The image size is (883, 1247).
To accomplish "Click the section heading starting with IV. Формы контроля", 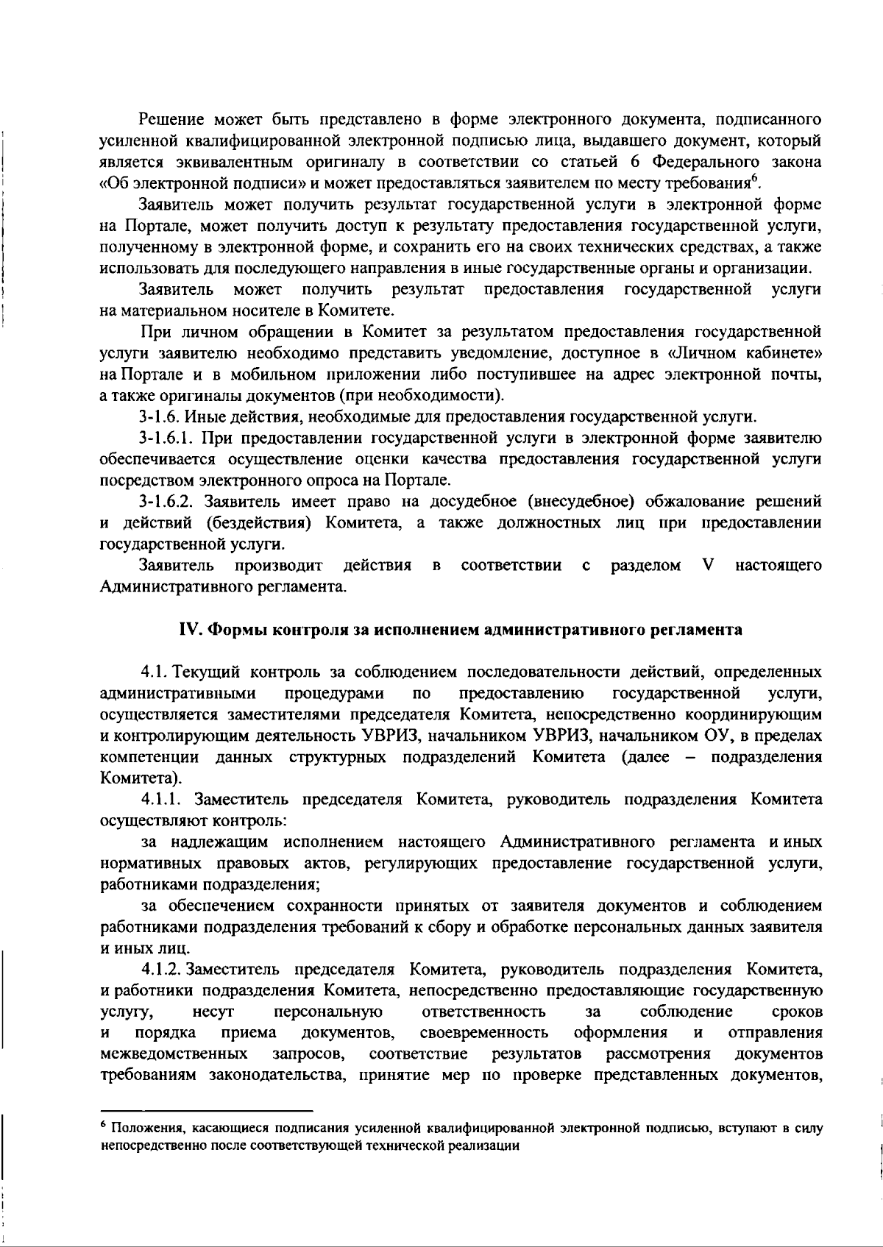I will [x=461, y=630].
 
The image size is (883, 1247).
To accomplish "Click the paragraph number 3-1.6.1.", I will [x=166, y=439].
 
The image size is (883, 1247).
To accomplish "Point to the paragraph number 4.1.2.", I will [x=162, y=969].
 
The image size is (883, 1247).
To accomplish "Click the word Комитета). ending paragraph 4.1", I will [x=141, y=778].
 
